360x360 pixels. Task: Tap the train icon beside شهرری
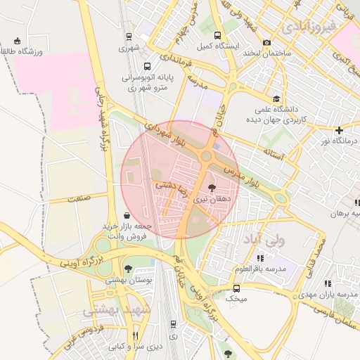click(129, 37)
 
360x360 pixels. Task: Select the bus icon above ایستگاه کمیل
click(217, 35)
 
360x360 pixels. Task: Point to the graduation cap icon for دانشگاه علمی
click(277, 99)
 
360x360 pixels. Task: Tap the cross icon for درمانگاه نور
click(339, 130)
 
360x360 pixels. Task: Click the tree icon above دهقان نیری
click(212, 188)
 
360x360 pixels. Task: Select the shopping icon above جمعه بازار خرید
click(126, 215)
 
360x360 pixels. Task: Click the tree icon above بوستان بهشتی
click(127, 268)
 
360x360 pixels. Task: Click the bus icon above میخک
click(236, 288)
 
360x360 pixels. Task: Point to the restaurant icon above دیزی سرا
click(136, 335)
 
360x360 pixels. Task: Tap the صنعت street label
click(79, 199)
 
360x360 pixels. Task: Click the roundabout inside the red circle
click(207, 156)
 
